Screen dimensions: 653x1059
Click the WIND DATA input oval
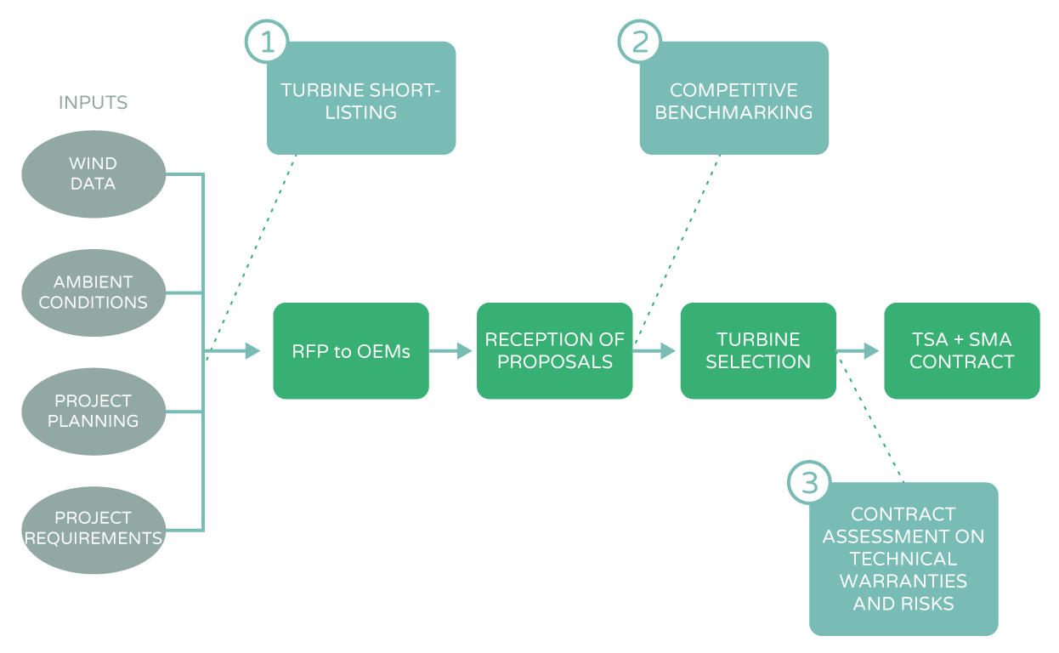(93, 173)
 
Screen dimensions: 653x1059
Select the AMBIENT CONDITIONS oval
(93, 292)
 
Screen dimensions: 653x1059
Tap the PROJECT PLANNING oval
(93, 411)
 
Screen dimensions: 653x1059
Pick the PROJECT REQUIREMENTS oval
(93, 527)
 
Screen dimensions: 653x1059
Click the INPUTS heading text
(93, 103)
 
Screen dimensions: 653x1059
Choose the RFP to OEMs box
(351, 350)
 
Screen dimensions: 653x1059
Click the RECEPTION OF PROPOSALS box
(554, 350)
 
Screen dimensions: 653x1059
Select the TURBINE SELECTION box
(758, 350)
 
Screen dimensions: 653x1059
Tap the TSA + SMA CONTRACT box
(962, 350)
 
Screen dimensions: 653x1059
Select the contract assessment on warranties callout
(903, 559)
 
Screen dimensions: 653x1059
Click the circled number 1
(267, 40)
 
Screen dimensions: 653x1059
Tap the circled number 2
(639, 40)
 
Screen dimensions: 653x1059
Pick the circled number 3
(810, 483)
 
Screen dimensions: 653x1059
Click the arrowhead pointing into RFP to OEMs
(252, 350)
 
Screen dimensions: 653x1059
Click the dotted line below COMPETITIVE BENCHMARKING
(678, 247)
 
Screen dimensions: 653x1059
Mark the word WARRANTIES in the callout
(903, 581)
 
